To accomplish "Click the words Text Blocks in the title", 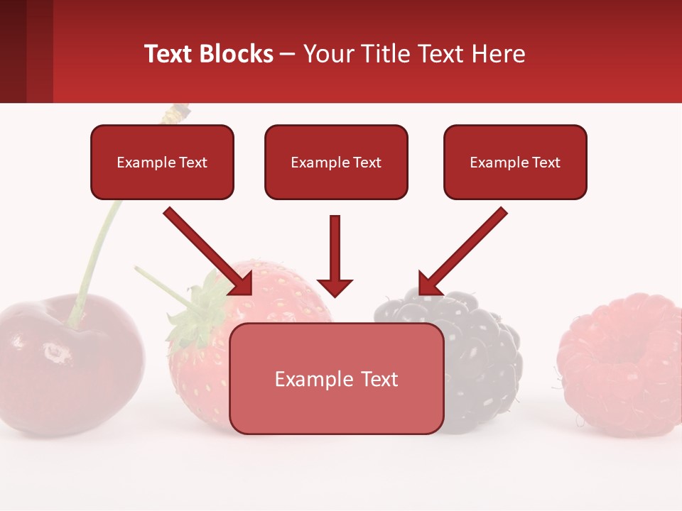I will pyautogui.click(x=208, y=54).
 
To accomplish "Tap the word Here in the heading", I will pyautogui.click(x=497, y=54).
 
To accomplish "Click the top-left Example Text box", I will pyautogui.click(x=162, y=163).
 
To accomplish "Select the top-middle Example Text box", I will pyautogui.click(x=336, y=163).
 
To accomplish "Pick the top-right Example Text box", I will pyautogui.click(x=515, y=163).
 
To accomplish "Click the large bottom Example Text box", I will pyautogui.click(x=336, y=379).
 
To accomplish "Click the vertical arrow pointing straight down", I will pyautogui.click(x=335, y=255).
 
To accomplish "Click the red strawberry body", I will pyautogui.click(x=206, y=383).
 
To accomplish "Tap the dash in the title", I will pyautogui.click(x=288, y=55).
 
